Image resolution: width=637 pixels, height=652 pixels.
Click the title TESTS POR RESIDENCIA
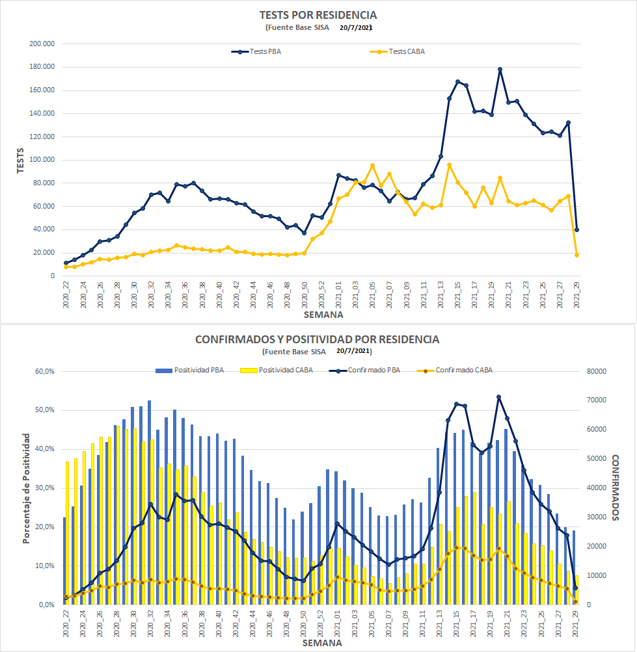[x=318, y=16]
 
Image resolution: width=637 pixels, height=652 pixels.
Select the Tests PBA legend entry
[x=256, y=51]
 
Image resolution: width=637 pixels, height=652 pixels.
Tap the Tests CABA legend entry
[x=397, y=51]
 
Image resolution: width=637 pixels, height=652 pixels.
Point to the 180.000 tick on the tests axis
[x=42, y=66]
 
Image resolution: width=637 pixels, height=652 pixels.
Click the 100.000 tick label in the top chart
[x=42, y=160]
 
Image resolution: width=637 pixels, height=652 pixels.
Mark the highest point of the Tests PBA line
[x=500, y=70]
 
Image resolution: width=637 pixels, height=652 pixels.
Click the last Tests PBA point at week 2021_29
[x=576, y=229]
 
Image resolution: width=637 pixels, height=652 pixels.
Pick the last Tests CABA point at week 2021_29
[x=576, y=255]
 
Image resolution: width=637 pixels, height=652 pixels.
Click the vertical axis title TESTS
[x=20, y=161]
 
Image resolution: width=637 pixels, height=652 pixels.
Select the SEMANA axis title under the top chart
[x=323, y=315]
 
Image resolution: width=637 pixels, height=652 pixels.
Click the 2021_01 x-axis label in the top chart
[x=338, y=295]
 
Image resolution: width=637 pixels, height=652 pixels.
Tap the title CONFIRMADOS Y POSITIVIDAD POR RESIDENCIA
[x=318, y=340]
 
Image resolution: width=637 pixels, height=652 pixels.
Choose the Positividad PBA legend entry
[x=189, y=370]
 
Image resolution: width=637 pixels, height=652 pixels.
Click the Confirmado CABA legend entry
[x=455, y=370]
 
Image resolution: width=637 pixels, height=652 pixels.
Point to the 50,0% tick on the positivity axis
[x=44, y=410]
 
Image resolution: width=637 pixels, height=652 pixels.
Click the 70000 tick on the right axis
[x=596, y=400]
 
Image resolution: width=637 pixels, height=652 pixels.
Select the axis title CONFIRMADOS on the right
[x=616, y=488]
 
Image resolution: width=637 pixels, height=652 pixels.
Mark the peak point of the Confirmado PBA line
[x=499, y=397]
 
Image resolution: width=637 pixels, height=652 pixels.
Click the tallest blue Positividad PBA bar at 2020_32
[x=150, y=502]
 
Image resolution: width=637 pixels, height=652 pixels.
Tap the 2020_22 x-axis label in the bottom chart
[x=66, y=623]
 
